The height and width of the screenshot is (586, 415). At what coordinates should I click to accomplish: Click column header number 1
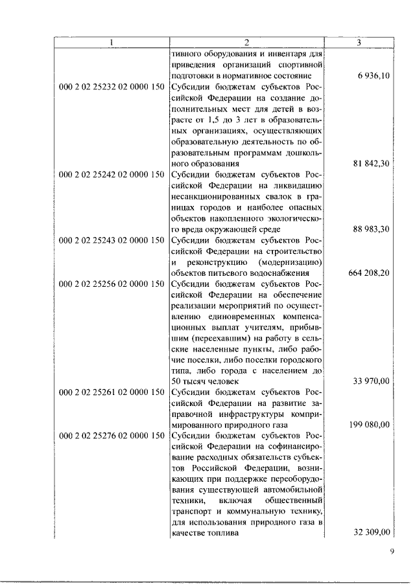coord(111,43)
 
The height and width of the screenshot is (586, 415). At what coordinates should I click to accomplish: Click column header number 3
coord(359,43)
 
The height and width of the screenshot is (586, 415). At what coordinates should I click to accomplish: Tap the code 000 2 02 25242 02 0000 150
coord(112,174)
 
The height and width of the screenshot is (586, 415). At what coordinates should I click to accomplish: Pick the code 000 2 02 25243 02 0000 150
coord(112,240)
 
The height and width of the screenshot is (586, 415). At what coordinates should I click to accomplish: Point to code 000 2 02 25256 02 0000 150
coord(112,284)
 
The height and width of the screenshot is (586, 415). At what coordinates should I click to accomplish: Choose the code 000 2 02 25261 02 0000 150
coord(112,392)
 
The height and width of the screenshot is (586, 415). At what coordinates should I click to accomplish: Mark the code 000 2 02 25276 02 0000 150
coord(112,436)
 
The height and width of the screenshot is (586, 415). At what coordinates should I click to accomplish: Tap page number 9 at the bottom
coord(392,552)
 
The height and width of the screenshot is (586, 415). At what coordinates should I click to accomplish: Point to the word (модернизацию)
coord(290,262)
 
